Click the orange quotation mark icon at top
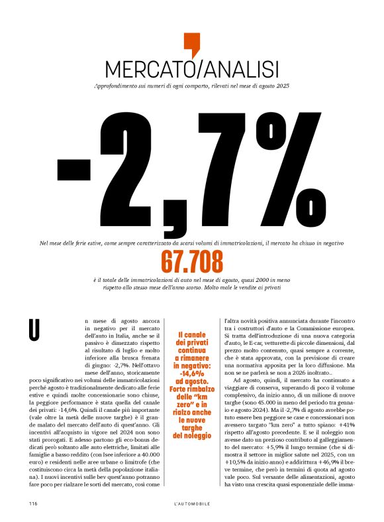[x=191, y=44]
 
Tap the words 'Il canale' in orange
[x=191, y=334]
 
